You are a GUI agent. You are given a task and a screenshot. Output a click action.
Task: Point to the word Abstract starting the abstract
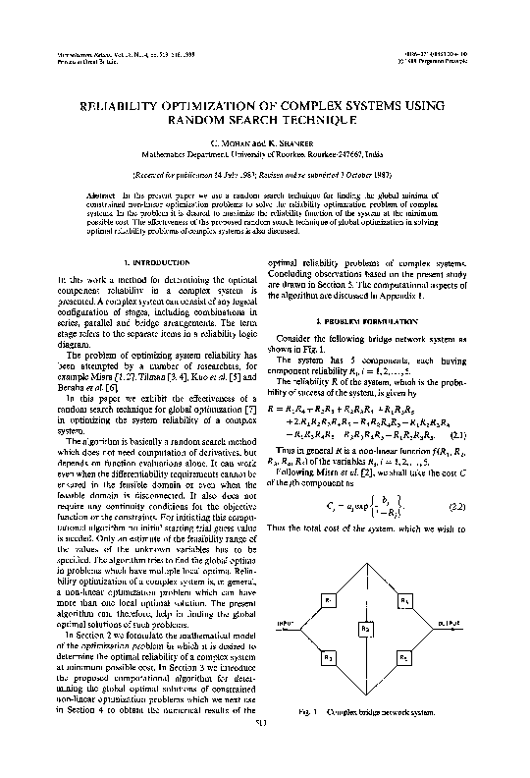point(128,197)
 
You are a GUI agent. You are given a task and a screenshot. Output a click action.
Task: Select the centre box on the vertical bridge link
point(364,627)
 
